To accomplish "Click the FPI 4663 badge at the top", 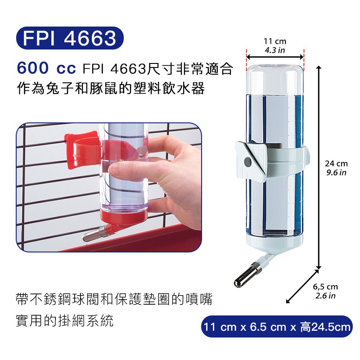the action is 70,38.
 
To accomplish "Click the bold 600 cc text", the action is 46,68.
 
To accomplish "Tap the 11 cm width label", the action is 275,41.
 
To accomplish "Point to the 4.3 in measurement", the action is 275,50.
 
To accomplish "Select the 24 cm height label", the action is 336,164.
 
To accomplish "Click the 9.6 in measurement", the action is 336,172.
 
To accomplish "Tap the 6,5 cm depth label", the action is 325,287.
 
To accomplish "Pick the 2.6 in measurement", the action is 325,296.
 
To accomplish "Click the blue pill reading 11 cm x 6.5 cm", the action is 277,326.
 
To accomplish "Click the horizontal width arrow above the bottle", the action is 275,57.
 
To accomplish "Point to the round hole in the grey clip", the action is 248,162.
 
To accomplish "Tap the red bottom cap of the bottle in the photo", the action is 124,216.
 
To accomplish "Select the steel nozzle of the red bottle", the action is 94,234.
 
